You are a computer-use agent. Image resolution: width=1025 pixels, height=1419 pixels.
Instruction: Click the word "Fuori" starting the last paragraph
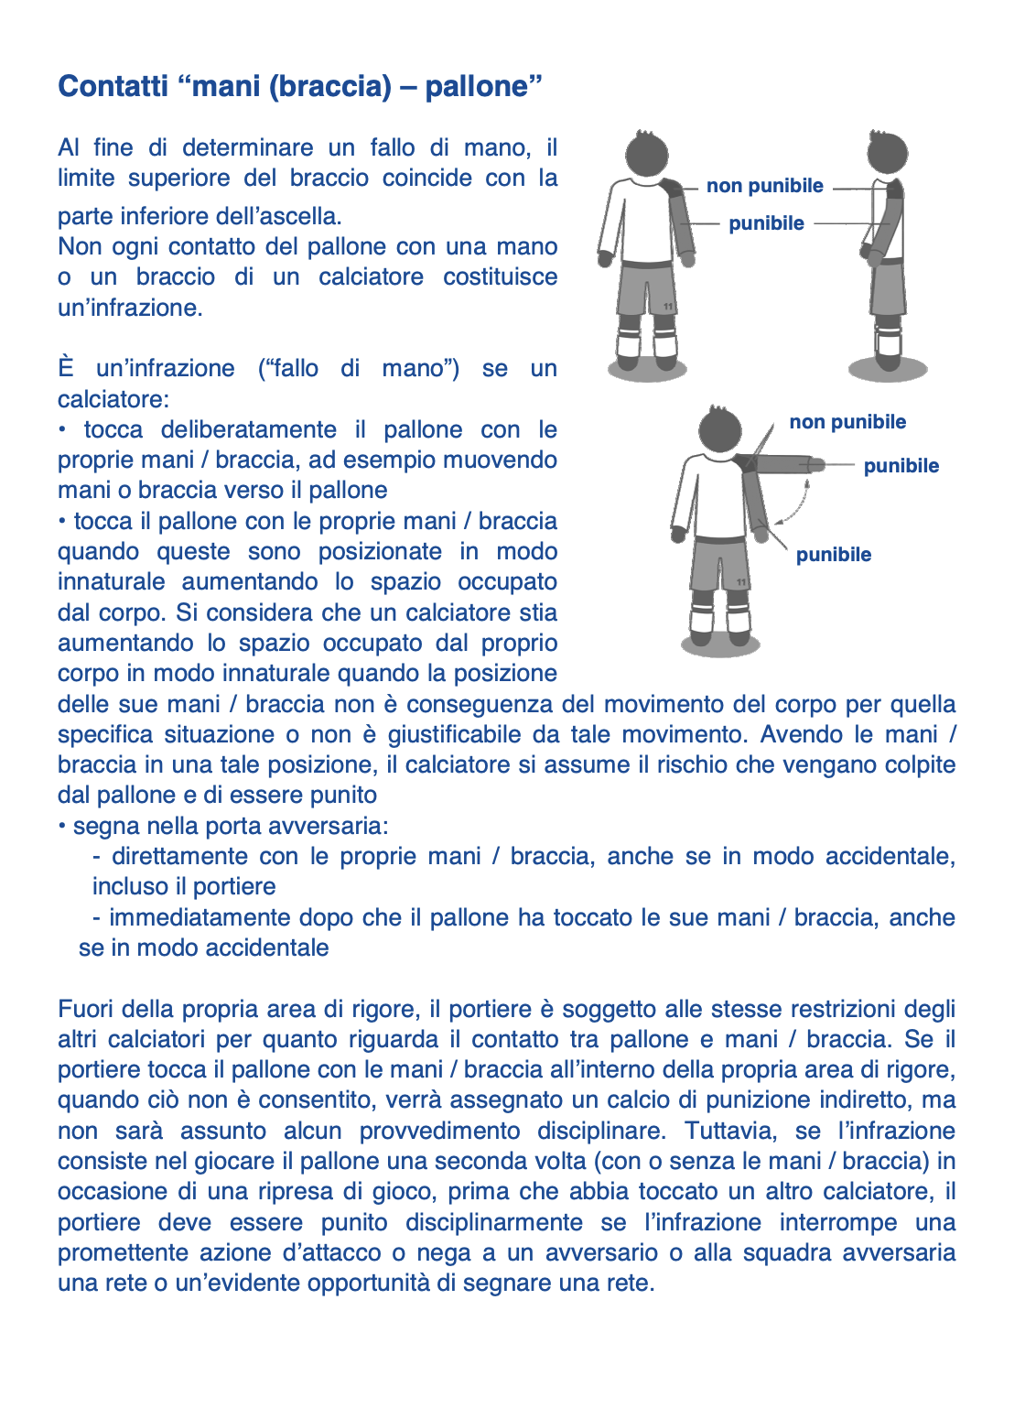(x=86, y=1010)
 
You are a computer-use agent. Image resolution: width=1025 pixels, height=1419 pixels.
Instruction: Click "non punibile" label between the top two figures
(x=765, y=187)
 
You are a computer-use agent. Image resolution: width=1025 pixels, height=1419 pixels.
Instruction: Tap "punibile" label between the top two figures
(x=767, y=224)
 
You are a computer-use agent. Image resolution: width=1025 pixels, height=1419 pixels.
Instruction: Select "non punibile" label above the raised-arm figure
(x=847, y=422)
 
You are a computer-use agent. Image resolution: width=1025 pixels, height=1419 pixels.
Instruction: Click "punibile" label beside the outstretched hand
(x=901, y=466)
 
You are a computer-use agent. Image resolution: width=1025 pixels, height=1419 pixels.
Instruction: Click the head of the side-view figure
(x=888, y=153)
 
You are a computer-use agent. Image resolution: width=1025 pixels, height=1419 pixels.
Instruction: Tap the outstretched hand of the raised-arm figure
(x=816, y=465)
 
